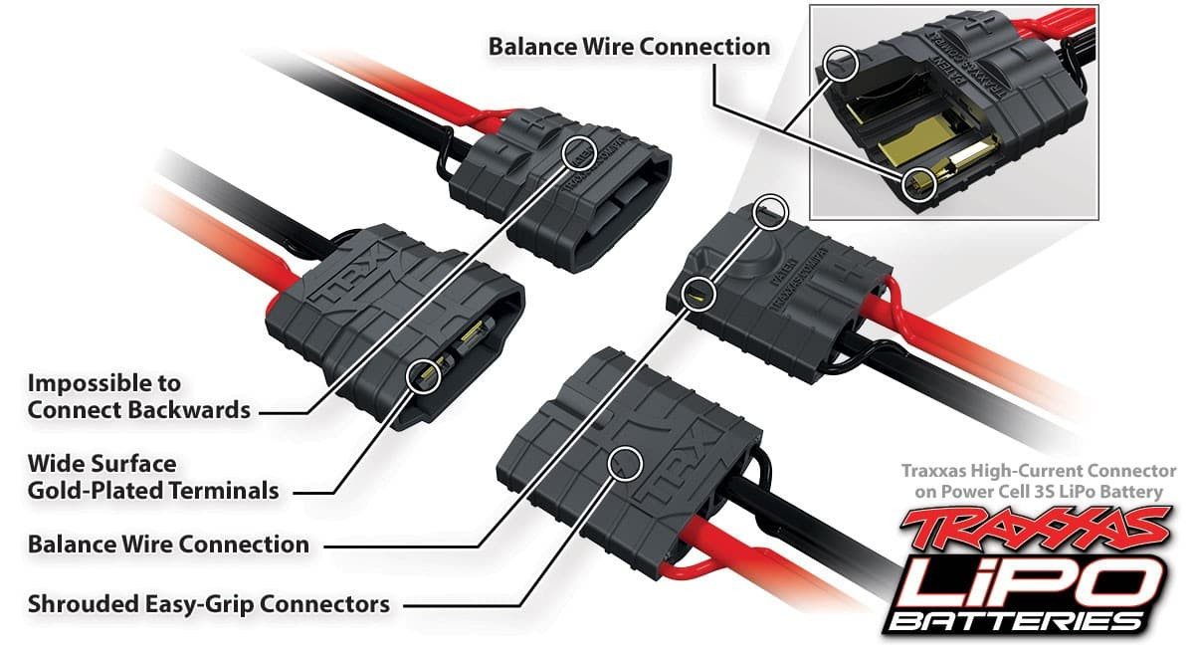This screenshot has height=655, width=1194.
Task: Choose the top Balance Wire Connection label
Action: click(x=629, y=47)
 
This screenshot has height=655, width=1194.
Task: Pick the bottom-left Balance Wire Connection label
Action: click(x=168, y=545)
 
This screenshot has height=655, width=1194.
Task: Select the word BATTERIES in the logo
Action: click(x=1025, y=621)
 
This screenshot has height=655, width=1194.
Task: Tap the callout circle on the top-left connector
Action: click(x=579, y=153)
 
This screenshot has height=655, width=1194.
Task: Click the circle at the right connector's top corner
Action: click(x=771, y=211)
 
